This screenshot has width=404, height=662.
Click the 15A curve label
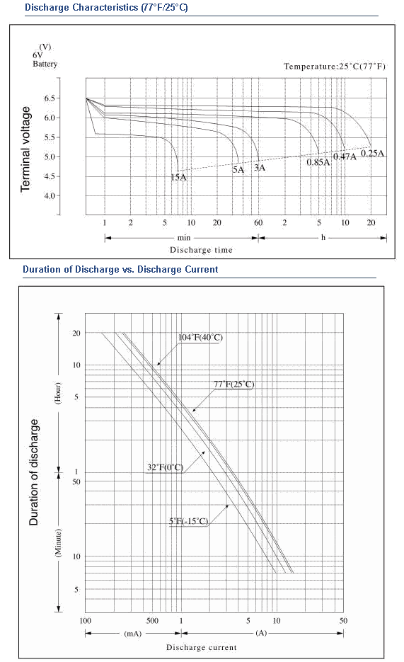click(178, 177)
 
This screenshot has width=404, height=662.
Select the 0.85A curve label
click(318, 162)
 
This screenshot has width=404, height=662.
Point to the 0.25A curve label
click(372, 153)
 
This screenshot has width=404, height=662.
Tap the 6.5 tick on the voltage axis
click(50, 98)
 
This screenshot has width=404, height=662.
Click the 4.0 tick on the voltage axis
click(50, 196)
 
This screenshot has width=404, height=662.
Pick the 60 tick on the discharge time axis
click(258, 222)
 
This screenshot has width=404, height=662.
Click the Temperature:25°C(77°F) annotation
click(335, 67)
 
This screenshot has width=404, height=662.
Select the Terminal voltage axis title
click(25, 149)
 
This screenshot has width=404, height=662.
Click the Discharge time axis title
click(201, 250)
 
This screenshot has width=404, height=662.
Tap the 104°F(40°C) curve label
click(200, 337)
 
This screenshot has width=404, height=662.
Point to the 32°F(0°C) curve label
click(166, 467)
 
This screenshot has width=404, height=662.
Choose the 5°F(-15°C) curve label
click(188, 521)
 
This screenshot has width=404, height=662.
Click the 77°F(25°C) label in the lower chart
click(234, 384)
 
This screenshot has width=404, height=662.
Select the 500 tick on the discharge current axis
click(152, 621)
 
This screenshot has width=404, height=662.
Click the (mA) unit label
click(133, 633)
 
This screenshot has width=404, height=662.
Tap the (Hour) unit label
click(58, 393)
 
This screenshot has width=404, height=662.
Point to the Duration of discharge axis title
click(34, 472)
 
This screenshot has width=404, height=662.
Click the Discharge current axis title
click(201, 647)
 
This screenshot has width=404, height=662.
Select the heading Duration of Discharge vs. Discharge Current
click(120, 269)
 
